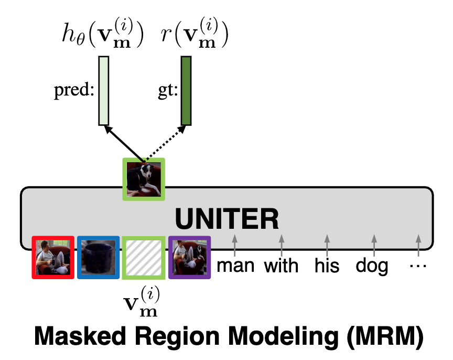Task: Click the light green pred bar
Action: click(x=104, y=91)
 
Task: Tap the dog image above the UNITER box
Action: click(x=144, y=178)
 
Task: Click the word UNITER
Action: click(x=226, y=218)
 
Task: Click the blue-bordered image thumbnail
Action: click(x=98, y=257)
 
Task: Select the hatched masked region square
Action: click(x=144, y=257)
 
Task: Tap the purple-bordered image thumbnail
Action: click(x=189, y=257)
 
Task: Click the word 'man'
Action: click(x=235, y=266)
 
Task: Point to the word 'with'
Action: click(x=282, y=266)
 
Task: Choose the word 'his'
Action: click(x=327, y=266)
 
